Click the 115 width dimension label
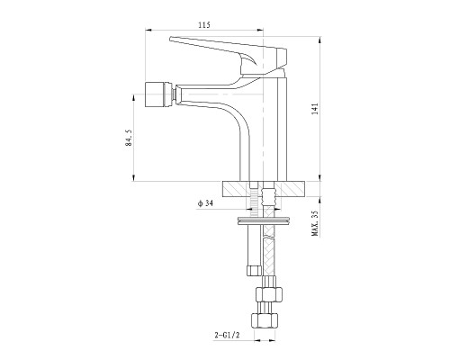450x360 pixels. point(204,25)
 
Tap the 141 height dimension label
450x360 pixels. point(315,109)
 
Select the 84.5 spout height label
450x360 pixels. point(129,138)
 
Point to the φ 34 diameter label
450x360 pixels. point(205,203)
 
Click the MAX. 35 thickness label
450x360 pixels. point(315,223)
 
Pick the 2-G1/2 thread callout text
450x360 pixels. point(228,335)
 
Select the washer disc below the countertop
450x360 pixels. point(264,220)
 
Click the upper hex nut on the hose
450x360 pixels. point(268,294)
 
